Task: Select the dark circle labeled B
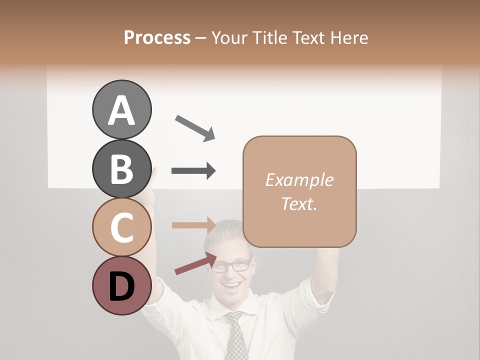[121, 169]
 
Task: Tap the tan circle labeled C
[121, 227]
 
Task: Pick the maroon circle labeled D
[121, 286]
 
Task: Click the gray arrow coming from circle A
[195, 128]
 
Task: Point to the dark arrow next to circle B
[193, 171]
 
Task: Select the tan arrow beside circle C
[193, 225]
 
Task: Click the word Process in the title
[157, 38]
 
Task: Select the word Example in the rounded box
[299, 180]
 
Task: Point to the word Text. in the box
[299, 203]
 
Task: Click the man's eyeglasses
[231, 265]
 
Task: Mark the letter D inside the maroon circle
[121, 287]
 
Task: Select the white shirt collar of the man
[220, 312]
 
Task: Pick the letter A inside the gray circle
[121, 111]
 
